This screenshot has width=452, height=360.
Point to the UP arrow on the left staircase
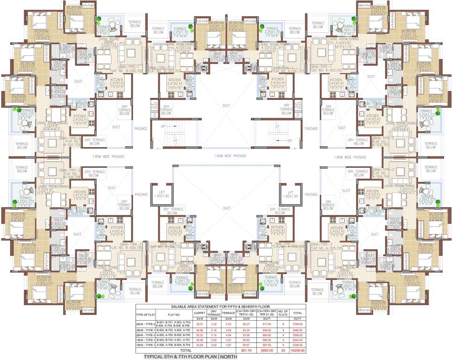click(x=163, y=127)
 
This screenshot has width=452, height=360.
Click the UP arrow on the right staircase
click(x=289, y=140)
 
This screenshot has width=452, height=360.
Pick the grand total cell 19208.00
click(x=298, y=350)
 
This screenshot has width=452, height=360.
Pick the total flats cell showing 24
click(x=283, y=350)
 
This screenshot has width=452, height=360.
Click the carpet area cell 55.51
click(x=200, y=323)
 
